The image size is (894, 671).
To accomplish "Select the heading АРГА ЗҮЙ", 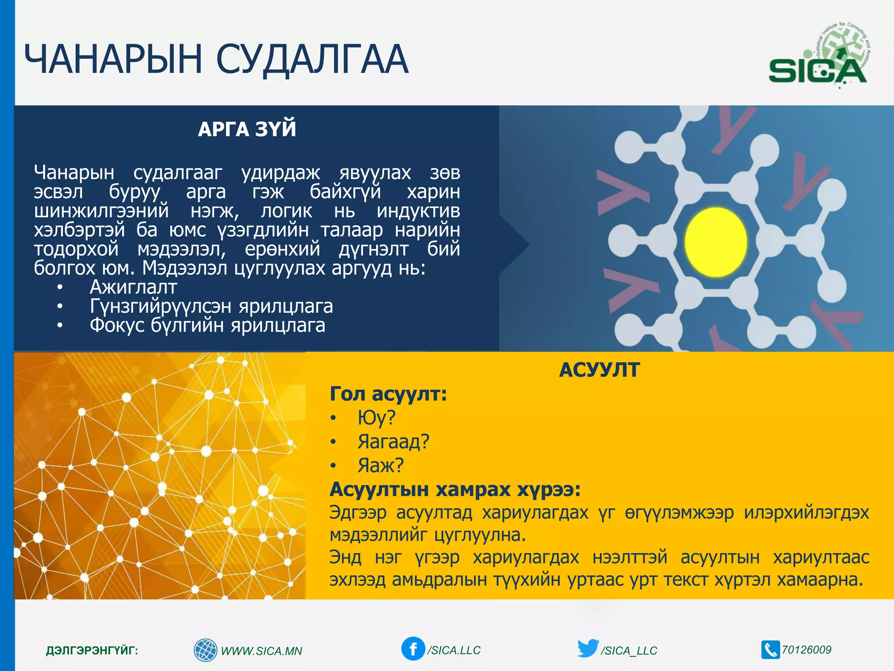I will point(247,129).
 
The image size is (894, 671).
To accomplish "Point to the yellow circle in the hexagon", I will point(715,242).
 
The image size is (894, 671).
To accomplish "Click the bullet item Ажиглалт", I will point(133,287).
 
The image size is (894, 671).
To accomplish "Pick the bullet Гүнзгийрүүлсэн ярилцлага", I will point(211,306).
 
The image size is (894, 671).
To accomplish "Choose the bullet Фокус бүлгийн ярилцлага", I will point(207,325).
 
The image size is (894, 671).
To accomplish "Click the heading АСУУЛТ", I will point(599,370).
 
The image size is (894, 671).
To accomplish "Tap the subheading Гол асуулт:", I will point(388,394).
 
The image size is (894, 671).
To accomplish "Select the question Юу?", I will point(376,418).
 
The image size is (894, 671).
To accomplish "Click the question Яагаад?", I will point(393,442).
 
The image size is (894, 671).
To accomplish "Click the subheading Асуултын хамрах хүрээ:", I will point(455,489).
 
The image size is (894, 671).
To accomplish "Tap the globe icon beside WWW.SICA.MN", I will point(205,650).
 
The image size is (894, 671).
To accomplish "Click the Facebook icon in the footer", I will point(413,649).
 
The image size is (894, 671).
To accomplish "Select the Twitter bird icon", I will point(588,648).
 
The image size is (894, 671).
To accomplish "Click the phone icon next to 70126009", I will point(770,650).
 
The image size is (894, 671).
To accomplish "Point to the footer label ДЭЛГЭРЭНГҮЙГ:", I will point(92,650).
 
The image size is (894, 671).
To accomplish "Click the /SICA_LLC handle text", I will point(629,650).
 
